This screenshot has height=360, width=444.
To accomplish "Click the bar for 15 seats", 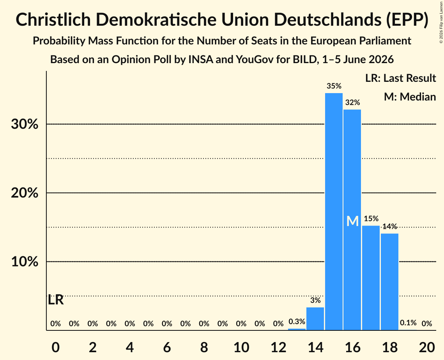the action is pos(334,212).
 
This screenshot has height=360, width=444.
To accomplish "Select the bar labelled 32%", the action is pos(352,220).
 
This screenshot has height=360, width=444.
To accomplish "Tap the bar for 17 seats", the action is pos(371,278).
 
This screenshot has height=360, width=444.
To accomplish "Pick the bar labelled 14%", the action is pos(389,282).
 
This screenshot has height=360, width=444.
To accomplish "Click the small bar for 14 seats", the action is pos(315,319).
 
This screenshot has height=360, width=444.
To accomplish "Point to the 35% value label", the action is pos(334,86).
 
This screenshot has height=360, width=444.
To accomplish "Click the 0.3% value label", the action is pos(297,321).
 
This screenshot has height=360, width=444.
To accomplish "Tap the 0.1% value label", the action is pos(408,323).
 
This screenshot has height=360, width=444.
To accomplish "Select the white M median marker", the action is pos(352,221).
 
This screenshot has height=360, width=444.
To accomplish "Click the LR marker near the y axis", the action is pos(56,300).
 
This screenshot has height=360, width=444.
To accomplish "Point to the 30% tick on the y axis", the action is pos(25,124).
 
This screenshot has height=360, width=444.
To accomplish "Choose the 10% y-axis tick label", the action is pos(25,261).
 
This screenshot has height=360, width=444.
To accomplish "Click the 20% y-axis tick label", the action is pos(25,193).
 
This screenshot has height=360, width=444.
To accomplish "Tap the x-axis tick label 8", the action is pos(204,347).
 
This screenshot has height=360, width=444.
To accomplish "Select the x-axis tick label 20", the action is pos(427,347).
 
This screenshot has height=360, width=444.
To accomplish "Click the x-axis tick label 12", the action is pos(278,347).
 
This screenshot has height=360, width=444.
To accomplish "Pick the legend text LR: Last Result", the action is pos(400,78).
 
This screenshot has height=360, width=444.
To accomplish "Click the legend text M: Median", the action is pos(410,97).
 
